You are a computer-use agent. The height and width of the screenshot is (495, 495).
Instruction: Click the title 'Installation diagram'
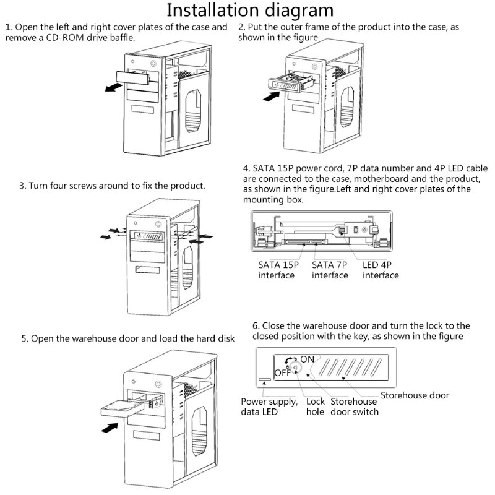[250, 11]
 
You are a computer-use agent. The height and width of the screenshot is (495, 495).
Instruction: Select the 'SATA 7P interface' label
[330, 270]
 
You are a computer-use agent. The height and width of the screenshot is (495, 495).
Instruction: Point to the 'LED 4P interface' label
[381, 270]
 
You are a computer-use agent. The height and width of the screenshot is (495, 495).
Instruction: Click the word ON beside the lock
[308, 359]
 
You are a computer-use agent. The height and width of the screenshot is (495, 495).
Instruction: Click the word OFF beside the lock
[282, 373]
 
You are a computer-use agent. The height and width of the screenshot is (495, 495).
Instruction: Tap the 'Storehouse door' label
[415, 395]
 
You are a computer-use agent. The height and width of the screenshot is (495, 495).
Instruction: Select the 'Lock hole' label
[316, 406]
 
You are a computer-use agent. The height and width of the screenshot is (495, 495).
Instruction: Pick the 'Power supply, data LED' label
[267, 406]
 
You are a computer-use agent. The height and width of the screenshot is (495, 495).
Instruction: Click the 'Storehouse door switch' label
[355, 406]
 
